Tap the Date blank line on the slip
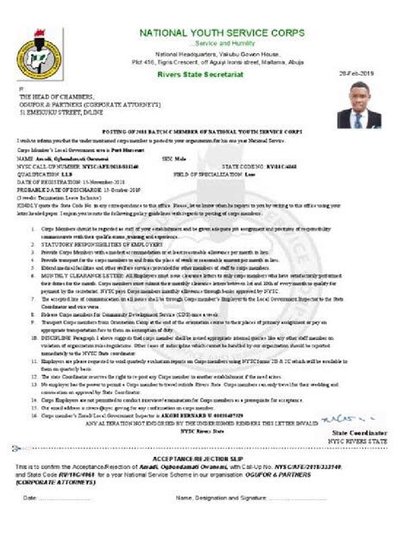73,498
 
